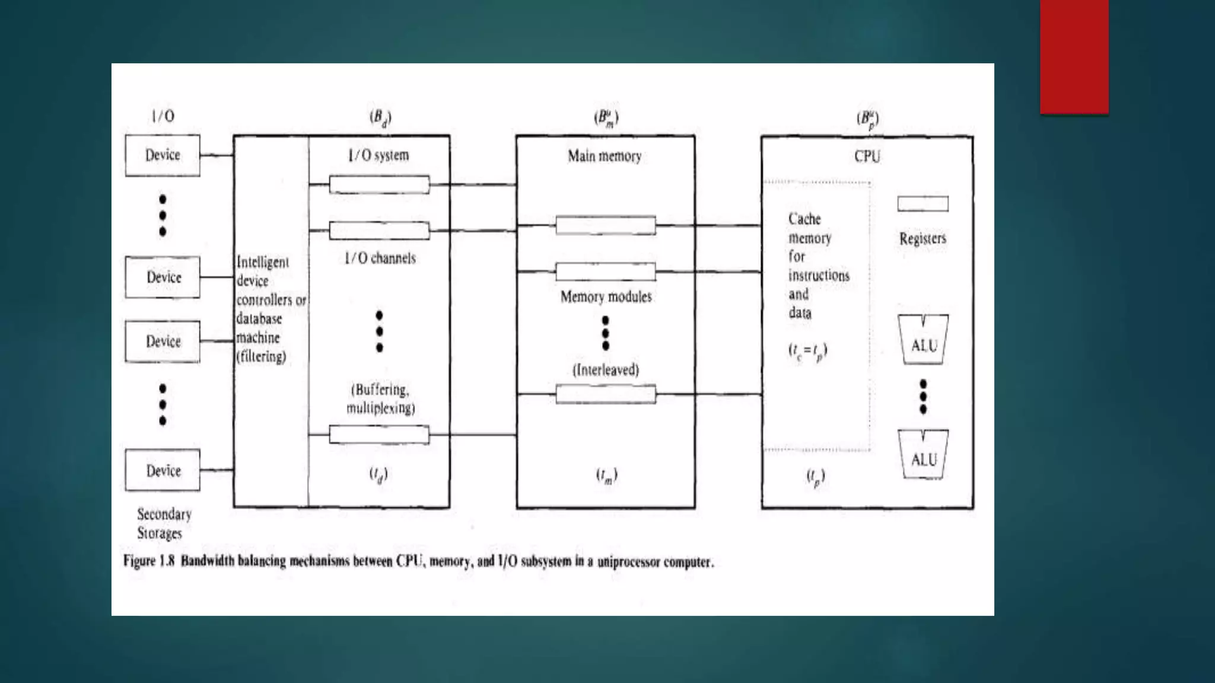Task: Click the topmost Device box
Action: [x=163, y=155]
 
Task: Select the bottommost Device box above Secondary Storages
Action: [x=163, y=470]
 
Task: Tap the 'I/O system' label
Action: [x=379, y=155]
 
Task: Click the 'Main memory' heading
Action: [x=605, y=156]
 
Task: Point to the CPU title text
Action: [x=867, y=157]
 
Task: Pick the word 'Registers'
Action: [x=923, y=238]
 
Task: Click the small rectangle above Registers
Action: [x=923, y=204]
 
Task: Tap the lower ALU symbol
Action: [x=923, y=455]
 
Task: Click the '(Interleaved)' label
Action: [x=606, y=370]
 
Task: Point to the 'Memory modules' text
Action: [x=606, y=296]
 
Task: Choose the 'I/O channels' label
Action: [x=380, y=258]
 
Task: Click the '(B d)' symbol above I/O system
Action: [x=380, y=117]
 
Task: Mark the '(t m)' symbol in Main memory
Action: [x=606, y=475]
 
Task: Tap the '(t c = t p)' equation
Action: [x=807, y=351]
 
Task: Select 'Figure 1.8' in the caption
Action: [x=149, y=561]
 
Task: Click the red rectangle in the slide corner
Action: [x=1074, y=56]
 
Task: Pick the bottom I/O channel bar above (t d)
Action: [x=379, y=435]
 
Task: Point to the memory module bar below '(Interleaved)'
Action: [x=606, y=394]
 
